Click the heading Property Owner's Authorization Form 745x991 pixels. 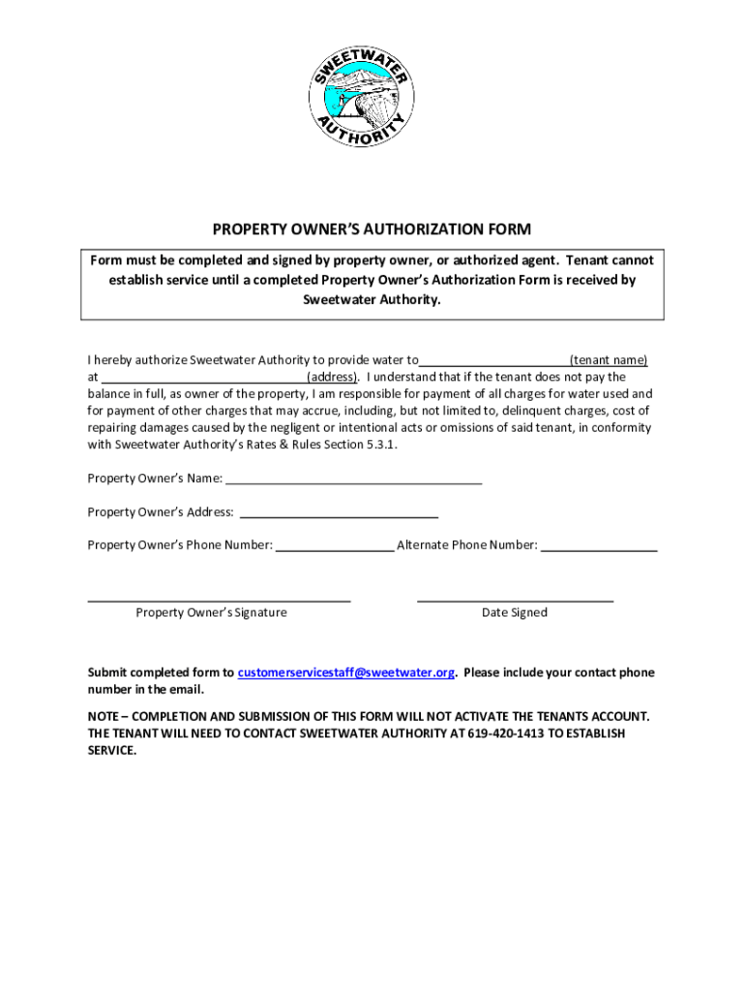point(372,229)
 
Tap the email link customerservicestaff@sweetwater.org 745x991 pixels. point(345,673)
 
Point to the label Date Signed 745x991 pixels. point(515,613)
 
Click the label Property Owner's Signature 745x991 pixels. point(211,613)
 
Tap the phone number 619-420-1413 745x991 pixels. point(506,734)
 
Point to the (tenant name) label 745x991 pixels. point(609,360)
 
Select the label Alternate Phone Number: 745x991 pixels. point(467,545)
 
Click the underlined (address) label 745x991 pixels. point(333,377)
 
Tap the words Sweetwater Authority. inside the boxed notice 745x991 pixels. point(372,300)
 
